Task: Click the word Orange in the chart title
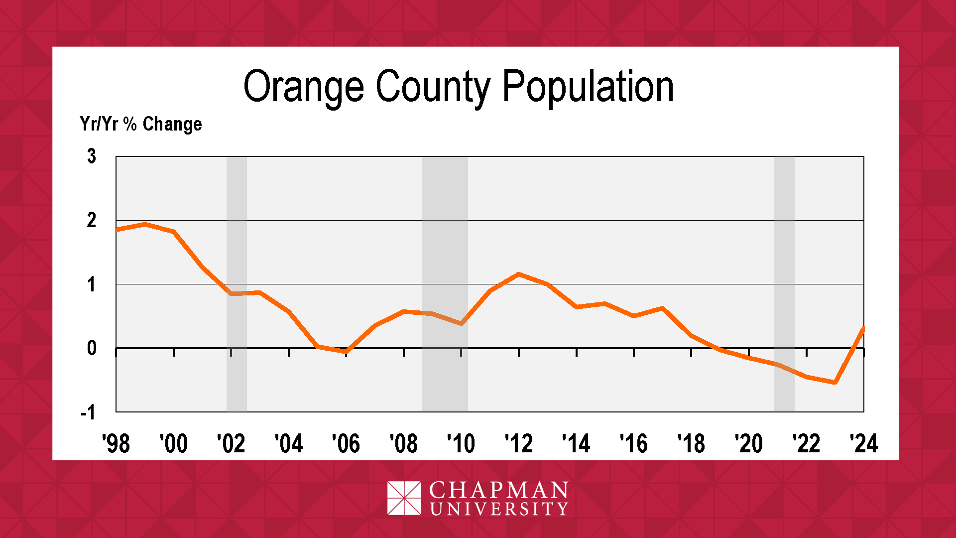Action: (x=303, y=87)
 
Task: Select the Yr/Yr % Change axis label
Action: (x=141, y=124)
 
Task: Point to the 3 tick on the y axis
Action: (x=92, y=156)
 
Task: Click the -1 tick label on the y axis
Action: (x=88, y=412)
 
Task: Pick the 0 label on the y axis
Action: (x=92, y=348)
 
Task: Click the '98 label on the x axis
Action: (x=116, y=443)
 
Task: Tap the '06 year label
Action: (x=346, y=443)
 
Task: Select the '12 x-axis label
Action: (x=519, y=443)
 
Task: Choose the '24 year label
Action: (x=864, y=443)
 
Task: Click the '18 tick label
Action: (x=691, y=443)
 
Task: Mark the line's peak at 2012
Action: (x=519, y=274)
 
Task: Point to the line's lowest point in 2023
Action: (x=835, y=382)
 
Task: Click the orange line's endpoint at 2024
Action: (x=863, y=328)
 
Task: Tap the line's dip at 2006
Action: (x=346, y=352)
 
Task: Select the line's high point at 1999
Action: (x=145, y=224)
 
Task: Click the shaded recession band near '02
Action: (x=237, y=379)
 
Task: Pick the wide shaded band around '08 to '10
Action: (x=445, y=379)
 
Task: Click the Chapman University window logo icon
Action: (x=404, y=498)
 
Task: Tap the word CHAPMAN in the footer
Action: (x=498, y=491)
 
